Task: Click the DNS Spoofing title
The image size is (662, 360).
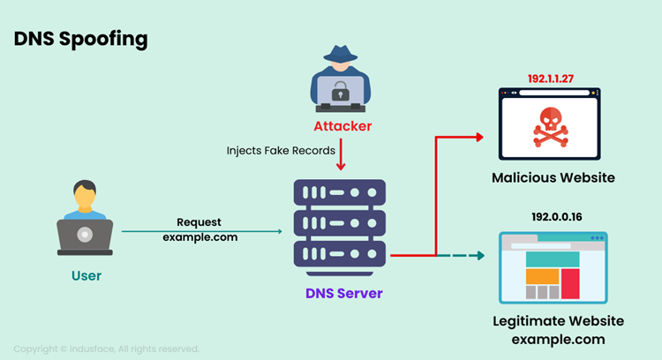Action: click(80, 41)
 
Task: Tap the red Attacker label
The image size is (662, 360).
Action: click(342, 126)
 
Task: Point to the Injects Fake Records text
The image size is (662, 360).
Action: click(282, 151)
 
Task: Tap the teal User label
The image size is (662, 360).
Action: click(86, 276)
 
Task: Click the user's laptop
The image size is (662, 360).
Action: click(85, 236)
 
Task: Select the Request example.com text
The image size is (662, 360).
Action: click(199, 229)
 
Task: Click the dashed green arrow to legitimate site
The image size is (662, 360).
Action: click(462, 256)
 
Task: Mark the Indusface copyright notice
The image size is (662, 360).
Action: click(106, 349)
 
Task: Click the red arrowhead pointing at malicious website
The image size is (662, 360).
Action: click(480, 137)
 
